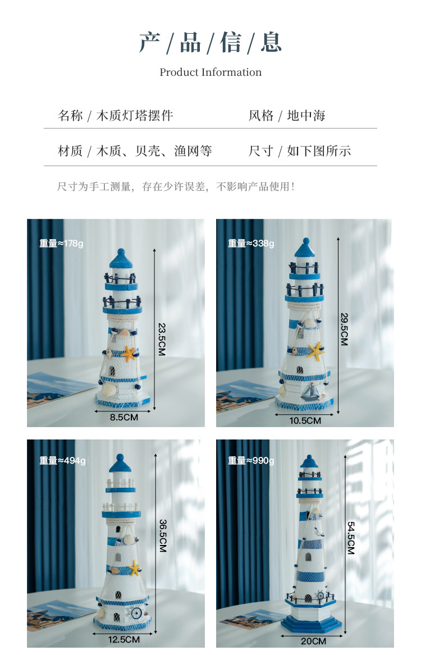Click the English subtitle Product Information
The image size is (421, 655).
[x=210, y=72]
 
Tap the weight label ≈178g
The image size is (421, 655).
[x=62, y=244]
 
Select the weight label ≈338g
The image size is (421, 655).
[x=251, y=244]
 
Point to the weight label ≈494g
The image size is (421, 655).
[x=62, y=461]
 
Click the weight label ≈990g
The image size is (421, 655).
[x=251, y=461]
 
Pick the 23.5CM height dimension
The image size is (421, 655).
[x=163, y=339]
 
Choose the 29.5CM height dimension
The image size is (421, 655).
[x=344, y=328]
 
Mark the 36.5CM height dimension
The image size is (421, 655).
[x=163, y=535]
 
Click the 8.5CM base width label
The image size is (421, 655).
[x=123, y=418]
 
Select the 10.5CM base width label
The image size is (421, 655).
[x=306, y=420]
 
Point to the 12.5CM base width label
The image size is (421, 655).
[x=124, y=639]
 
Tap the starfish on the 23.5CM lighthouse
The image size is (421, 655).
[x=130, y=354]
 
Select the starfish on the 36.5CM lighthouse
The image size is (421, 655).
[x=134, y=569]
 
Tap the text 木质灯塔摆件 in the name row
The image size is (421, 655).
[x=135, y=116]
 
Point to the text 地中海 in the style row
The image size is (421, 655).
[x=306, y=116]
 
